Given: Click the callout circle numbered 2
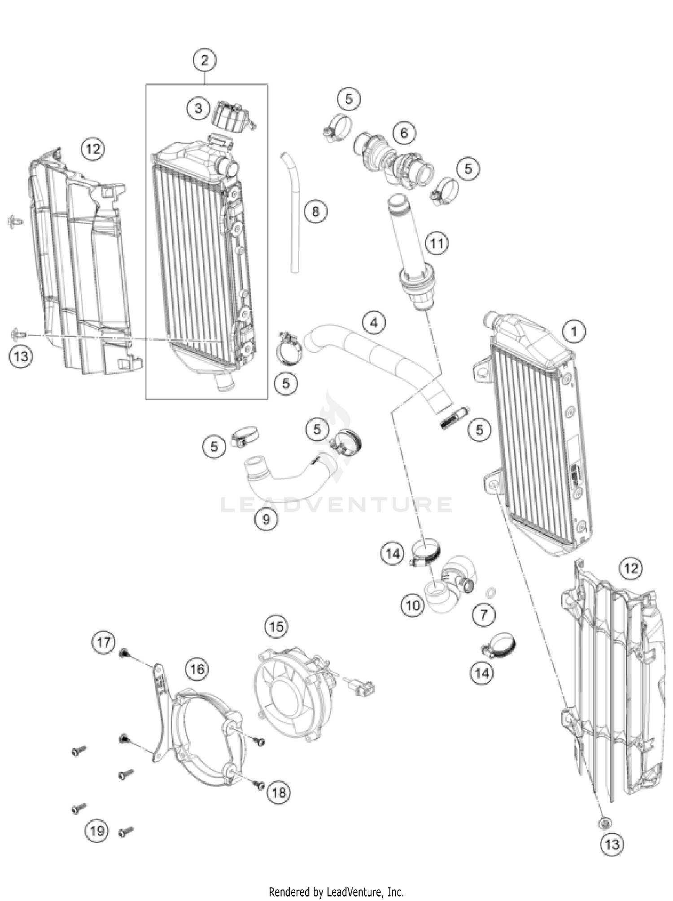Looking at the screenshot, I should coord(205,60).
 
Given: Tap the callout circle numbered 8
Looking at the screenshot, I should coord(315,210).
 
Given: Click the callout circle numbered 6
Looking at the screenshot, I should coord(404,133).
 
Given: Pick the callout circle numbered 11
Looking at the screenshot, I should coord(437,243).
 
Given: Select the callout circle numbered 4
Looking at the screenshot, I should coord(374,322).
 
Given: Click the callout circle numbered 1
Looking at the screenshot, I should coord(573,332).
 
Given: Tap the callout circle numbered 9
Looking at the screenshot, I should coord(266,519).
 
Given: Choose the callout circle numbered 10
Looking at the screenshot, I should coord(412,606).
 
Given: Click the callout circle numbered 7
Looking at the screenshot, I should coord(484,614).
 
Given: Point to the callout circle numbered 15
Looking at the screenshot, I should coord(276,626).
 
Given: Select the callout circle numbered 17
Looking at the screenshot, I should coord(103,642).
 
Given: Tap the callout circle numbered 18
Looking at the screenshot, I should coord(279,792).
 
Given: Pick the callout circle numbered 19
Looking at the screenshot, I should coord(97,831).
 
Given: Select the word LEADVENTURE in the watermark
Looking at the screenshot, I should coord(336,504).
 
